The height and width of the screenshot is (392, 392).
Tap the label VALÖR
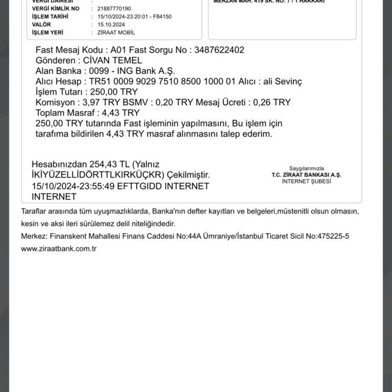41,24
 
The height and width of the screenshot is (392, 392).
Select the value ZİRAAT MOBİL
116,33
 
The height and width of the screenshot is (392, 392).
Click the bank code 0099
99,71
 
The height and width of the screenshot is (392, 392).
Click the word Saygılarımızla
307,168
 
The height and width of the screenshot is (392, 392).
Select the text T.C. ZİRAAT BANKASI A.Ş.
307,175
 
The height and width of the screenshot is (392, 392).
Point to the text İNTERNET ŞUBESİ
307,181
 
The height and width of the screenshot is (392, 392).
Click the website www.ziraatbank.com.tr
59,249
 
